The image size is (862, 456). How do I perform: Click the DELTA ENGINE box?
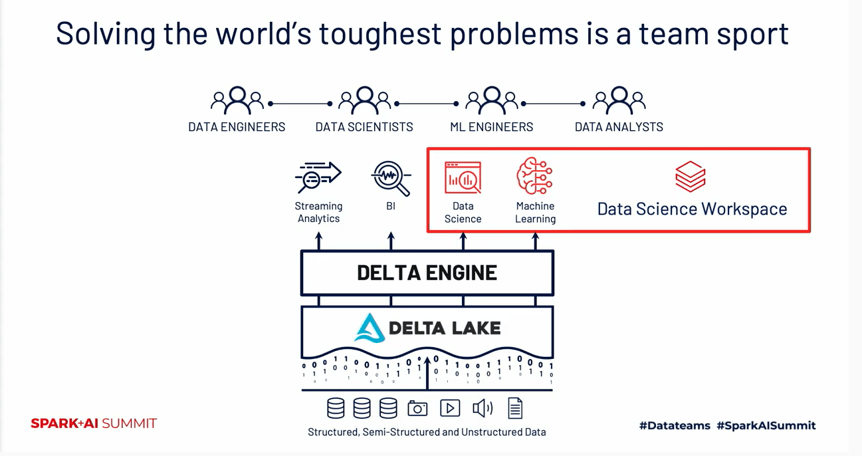427,273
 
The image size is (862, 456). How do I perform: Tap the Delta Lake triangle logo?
370,328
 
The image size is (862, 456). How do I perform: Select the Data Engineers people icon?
237,100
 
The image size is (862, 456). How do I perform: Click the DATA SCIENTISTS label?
364,127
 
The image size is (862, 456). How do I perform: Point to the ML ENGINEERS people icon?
492,100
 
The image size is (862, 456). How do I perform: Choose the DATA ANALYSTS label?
619,127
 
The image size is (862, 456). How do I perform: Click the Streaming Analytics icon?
318,177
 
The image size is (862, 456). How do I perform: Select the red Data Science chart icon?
463,177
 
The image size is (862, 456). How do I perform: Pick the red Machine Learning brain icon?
535,176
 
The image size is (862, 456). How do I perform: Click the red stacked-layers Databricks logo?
691,176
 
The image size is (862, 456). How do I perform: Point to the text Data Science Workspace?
692,209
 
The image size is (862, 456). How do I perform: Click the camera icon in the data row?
417,408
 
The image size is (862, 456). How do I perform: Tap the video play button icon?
450,408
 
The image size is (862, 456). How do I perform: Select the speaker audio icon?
483,408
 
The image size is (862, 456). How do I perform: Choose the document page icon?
515,408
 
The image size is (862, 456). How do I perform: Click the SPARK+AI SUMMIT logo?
94,423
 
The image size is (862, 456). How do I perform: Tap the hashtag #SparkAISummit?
766,425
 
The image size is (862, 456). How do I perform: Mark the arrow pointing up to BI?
391,240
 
